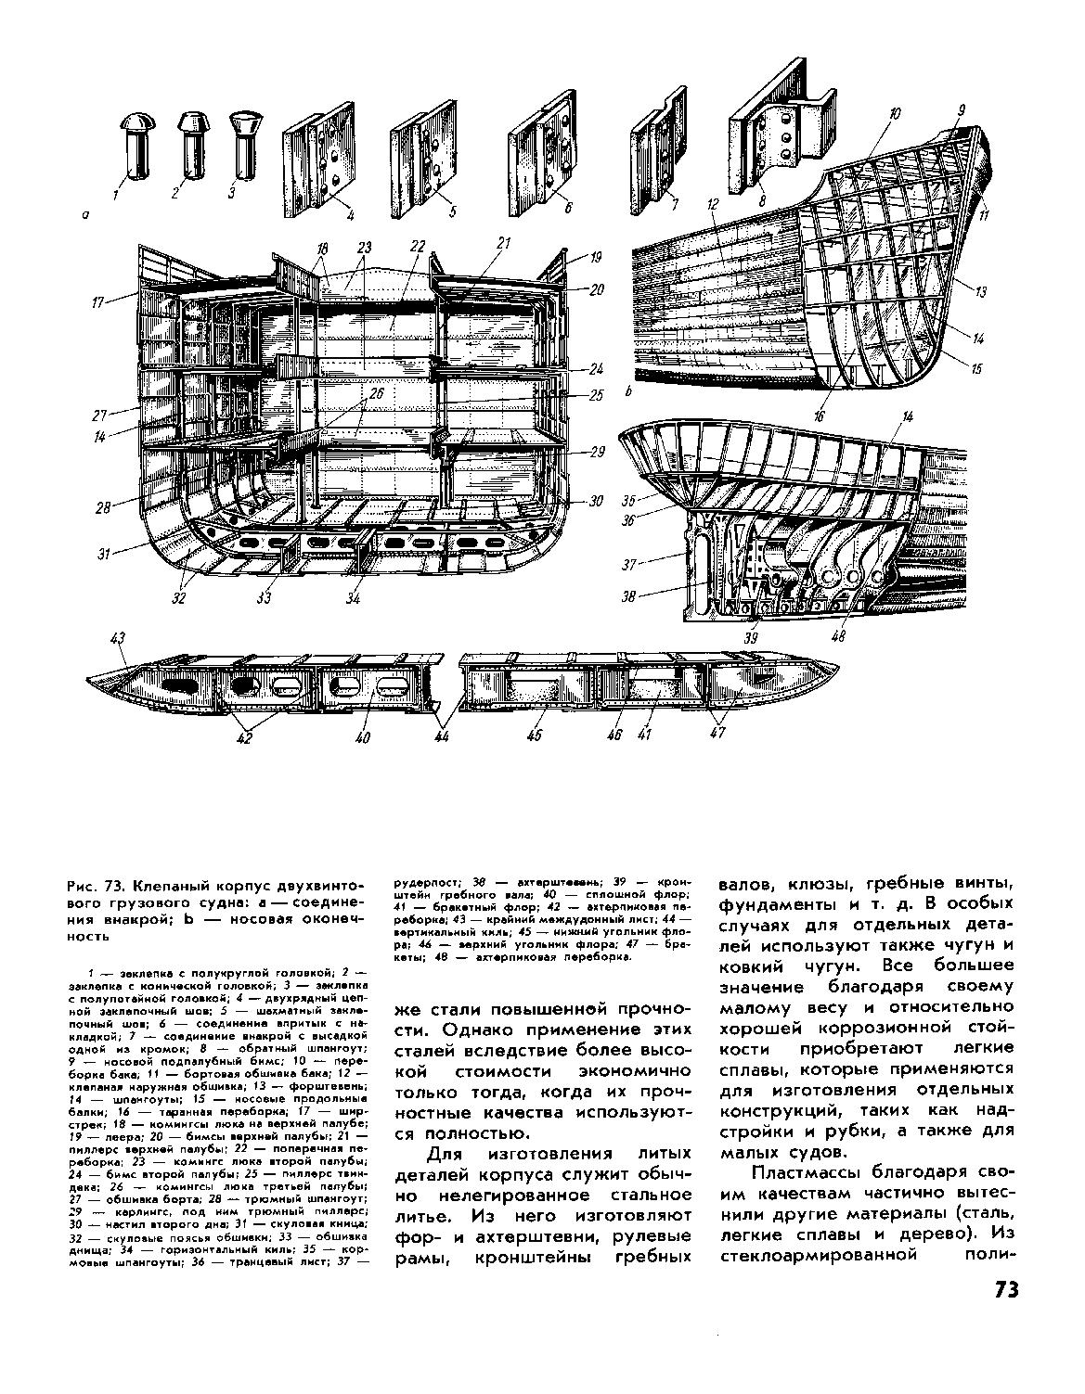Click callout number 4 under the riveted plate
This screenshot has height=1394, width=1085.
click(351, 216)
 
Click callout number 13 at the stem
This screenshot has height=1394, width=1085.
click(981, 291)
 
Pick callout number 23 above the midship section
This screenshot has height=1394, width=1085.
click(363, 248)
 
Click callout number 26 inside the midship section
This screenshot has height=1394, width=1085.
click(375, 393)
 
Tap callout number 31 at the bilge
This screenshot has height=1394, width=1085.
click(103, 555)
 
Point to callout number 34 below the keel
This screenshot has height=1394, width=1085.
click(353, 599)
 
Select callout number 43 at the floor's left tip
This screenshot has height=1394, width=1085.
click(117, 638)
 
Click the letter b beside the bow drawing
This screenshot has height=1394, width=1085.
click(629, 393)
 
